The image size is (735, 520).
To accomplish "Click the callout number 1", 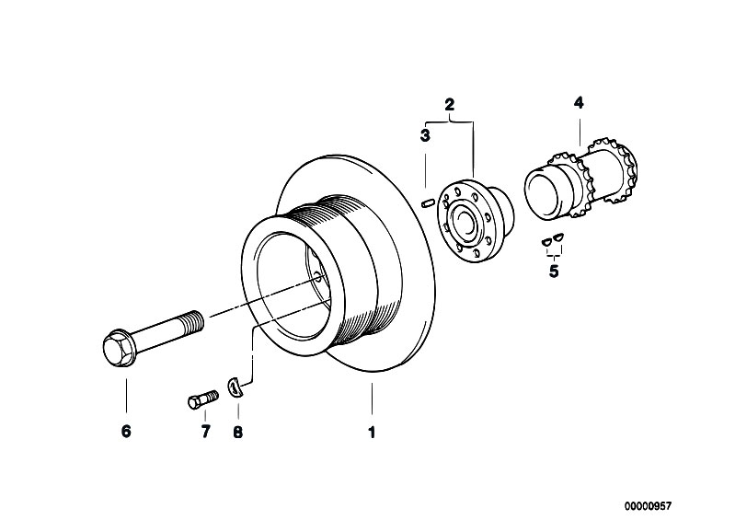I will pyautogui.click(x=372, y=431).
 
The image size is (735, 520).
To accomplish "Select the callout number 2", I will pyautogui.click(x=450, y=105).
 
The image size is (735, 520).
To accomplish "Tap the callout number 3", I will pyautogui.click(x=425, y=136).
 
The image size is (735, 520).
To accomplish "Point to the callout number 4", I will pyautogui.click(x=579, y=103).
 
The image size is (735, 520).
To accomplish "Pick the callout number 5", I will pyautogui.click(x=553, y=272).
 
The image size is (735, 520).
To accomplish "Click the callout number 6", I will pyautogui.click(x=126, y=431).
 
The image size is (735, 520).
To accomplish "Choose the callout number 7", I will pyautogui.click(x=204, y=431).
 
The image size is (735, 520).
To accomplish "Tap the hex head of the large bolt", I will pyautogui.click(x=119, y=348).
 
